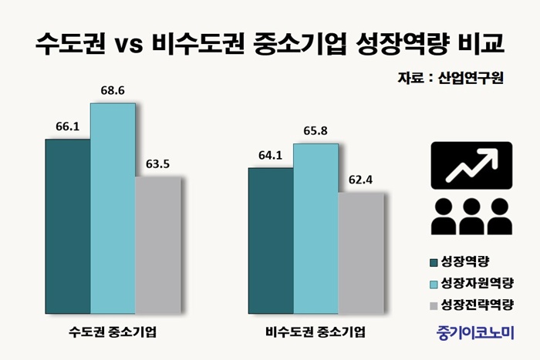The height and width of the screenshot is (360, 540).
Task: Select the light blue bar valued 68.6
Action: pyautogui.click(x=113, y=207)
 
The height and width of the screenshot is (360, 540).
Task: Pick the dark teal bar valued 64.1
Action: pyautogui.click(x=271, y=240)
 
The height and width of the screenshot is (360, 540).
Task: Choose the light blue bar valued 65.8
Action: pyautogui.click(x=316, y=227)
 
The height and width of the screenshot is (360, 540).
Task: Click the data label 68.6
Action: pyautogui.click(x=113, y=90)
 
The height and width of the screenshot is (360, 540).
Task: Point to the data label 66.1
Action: pyautogui.click(x=68, y=126)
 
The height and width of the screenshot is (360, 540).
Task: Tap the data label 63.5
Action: pyautogui.click(x=158, y=163)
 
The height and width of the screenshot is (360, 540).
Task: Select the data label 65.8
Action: pyautogui.click(x=316, y=131)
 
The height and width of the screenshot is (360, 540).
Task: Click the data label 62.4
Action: pyautogui.click(x=360, y=180)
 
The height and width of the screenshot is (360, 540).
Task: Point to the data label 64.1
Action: pyautogui.click(x=271, y=155)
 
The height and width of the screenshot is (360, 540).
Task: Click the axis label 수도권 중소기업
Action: pyautogui.click(x=113, y=332)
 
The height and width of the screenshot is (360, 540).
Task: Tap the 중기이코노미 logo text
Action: pyautogui.click(x=474, y=332)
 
